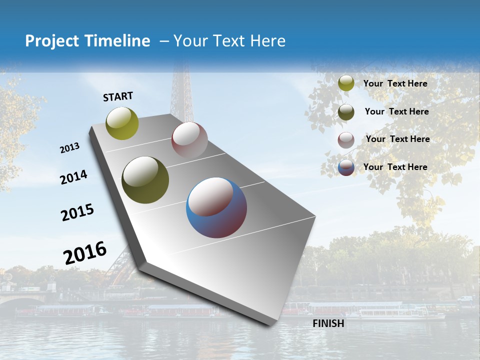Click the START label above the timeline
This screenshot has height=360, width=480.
[x=118, y=96]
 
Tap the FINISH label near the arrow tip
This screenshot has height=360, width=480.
[x=328, y=323]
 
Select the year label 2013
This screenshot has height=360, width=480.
[x=69, y=148]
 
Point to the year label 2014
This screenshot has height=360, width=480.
[x=73, y=177]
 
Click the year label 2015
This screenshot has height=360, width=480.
[x=77, y=212]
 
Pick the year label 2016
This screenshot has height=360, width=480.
[x=85, y=253]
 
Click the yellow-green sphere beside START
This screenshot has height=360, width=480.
[x=122, y=123]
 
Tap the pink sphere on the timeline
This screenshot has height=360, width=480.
[x=189, y=140]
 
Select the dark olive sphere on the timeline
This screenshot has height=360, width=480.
[x=145, y=180]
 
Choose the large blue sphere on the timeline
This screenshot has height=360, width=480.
[x=216, y=207]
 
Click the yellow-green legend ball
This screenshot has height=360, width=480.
[x=346, y=83]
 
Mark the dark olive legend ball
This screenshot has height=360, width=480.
[x=346, y=112]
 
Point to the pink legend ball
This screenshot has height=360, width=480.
[x=346, y=140]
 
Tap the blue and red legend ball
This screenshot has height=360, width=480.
[x=346, y=167]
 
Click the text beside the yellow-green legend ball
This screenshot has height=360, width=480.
[x=395, y=83]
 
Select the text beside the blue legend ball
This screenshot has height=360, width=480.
[x=395, y=167]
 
